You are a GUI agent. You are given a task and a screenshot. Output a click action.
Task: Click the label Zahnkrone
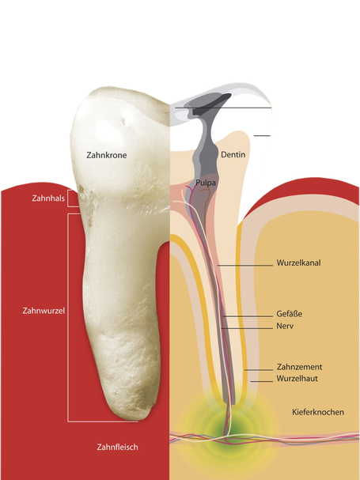point(106,155)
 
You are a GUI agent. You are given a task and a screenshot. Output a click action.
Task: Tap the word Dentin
point(233,154)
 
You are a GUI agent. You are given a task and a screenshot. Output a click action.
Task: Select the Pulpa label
point(206,183)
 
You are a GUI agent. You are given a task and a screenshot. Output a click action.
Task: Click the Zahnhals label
point(48,198)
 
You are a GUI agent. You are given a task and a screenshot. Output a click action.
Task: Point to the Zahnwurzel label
point(44,311)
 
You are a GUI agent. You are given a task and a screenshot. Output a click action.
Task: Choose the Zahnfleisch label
point(117,447)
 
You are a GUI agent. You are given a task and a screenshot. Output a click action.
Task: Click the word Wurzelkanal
point(298,263)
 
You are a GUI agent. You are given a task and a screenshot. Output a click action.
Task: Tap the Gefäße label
point(290,314)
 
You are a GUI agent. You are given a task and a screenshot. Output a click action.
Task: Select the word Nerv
point(285,326)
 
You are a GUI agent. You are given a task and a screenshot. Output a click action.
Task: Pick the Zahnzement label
point(299,367)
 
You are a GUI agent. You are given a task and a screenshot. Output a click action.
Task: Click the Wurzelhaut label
point(297,378)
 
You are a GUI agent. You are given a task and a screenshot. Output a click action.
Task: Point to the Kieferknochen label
point(318,412)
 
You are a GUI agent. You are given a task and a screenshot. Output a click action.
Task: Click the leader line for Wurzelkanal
point(245,266)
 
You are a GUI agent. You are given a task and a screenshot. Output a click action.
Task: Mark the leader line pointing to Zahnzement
point(258,370)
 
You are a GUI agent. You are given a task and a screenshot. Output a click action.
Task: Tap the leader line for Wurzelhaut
point(262,381)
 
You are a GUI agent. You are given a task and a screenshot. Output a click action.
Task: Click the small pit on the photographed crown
point(124,122)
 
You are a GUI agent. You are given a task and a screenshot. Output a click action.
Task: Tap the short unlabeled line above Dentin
point(262,135)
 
